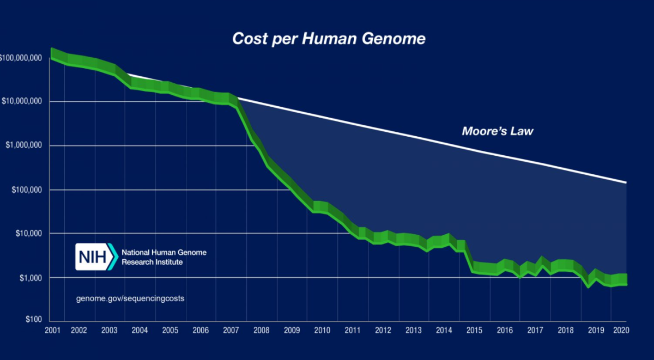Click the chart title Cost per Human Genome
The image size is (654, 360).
click(329, 39)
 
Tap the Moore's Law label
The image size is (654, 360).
click(498, 131)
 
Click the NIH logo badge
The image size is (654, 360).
click(96, 257)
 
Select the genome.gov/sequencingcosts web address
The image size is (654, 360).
click(130, 299)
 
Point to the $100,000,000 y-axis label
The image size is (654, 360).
click(21, 58)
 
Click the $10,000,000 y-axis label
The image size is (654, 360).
click(23, 102)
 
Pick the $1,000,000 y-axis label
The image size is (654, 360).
click(25, 146)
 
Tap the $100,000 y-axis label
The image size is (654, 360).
click(26, 190)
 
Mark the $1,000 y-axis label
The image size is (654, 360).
click(30, 278)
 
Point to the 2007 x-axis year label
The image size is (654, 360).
click(231, 330)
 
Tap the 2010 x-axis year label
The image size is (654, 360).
click(322, 330)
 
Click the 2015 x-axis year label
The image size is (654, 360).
click(474, 330)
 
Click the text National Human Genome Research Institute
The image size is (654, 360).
click(163, 257)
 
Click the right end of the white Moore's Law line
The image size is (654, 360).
click(626, 182)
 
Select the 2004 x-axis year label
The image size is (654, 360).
click(140, 330)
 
